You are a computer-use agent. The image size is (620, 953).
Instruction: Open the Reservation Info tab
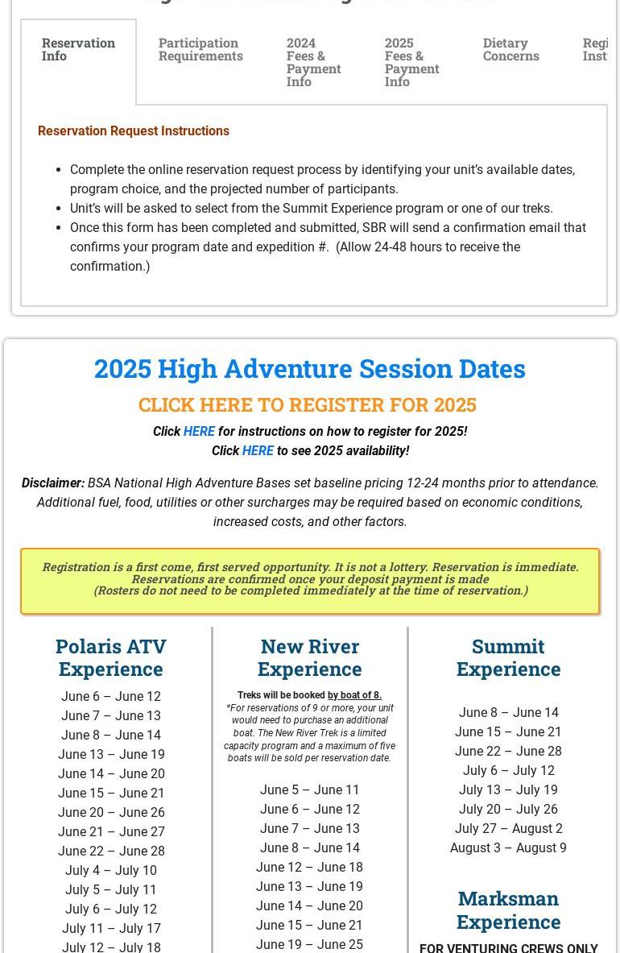[x=78, y=49]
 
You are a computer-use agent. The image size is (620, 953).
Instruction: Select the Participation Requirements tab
[x=200, y=49]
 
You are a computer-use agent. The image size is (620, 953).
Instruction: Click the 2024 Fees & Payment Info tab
[x=313, y=62]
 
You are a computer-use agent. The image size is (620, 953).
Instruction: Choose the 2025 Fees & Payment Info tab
[x=411, y=62]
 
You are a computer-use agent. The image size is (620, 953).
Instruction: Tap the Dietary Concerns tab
[x=510, y=49]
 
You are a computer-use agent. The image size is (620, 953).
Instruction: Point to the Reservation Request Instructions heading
[x=134, y=131]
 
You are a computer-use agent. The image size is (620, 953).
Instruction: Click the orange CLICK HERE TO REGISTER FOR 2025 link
[x=307, y=404]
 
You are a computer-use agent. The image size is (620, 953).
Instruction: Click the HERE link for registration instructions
[x=199, y=431]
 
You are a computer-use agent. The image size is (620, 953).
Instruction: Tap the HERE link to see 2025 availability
[x=258, y=450]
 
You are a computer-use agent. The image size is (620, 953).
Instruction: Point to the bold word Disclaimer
[x=53, y=483]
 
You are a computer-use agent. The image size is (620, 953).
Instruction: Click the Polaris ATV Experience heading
[x=111, y=657]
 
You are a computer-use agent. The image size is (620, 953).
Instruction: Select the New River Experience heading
[x=309, y=657]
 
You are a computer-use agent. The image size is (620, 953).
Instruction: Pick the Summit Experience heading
[x=508, y=657]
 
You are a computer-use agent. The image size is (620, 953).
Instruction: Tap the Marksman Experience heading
[x=508, y=909]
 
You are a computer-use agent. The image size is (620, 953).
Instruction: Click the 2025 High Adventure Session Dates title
[x=309, y=368]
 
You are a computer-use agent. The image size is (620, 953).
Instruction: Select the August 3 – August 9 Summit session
[x=508, y=847]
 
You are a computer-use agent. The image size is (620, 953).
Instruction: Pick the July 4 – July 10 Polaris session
[x=111, y=870]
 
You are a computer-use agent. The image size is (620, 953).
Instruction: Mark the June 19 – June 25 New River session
[x=309, y=944]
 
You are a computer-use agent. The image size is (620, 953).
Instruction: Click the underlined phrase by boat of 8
[x=354, y=695]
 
